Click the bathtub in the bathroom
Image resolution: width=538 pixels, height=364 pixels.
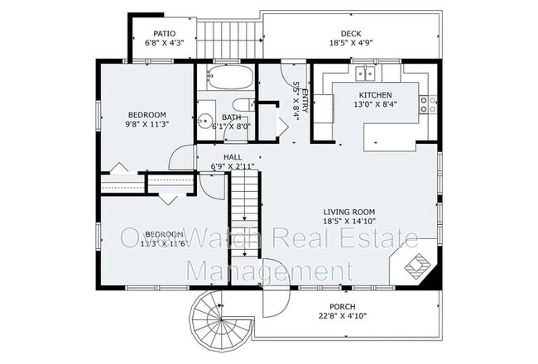tap(226, 80)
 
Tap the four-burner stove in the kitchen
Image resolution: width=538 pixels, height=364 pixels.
tap(428, 103)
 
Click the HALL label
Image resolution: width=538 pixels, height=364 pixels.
tap(232, 156)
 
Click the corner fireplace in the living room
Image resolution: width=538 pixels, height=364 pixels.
tap(419, 264)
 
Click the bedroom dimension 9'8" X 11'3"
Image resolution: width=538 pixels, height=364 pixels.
tap(147, 125)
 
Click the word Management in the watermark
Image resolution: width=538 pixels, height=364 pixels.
tap(269, 270)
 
